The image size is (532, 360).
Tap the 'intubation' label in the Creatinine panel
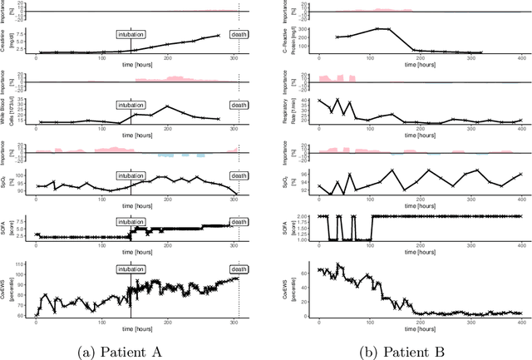(x=131, y=35)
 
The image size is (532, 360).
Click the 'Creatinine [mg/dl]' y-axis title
(x=8, y=40)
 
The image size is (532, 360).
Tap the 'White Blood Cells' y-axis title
(x=8, y=112)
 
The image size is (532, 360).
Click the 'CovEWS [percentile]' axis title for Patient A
(x=8, y=291)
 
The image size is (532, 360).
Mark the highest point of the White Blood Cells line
(x=168, y=106)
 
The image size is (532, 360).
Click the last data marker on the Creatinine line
(x=219, y=36)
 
